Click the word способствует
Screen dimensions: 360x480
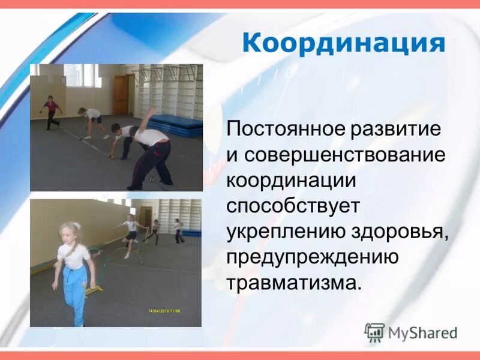pyautogui.click(x=293, y=206)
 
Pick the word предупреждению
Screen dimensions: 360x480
pyautogui.click(x=313, y=257)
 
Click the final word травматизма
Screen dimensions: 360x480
pyautogui.click(x=294, y=282)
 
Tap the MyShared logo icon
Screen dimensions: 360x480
pyautogui.click(x=374, y=332)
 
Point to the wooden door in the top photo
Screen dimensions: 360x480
pyautogui.click(x=121, y=94)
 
